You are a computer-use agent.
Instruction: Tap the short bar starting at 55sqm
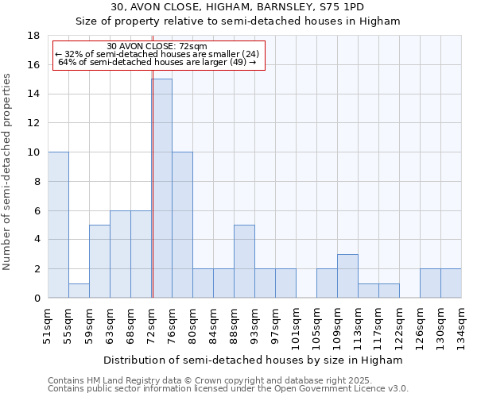pos(79,291)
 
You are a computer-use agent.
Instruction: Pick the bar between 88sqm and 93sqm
pos(244,261)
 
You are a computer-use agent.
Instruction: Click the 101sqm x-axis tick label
pos(297,327)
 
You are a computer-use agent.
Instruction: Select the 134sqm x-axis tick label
pos(462,327)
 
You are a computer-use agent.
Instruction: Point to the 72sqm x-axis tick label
pos(152,325)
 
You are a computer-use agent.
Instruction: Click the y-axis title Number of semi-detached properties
pos(8,172)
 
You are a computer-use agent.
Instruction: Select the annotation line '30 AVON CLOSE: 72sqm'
pos(157,46)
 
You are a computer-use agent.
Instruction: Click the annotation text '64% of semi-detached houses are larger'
pos(157,62)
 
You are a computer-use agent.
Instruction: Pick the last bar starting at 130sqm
pos(451,283)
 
